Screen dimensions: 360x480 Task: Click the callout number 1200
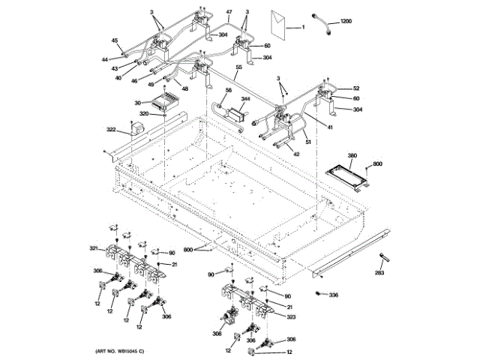(345, 22)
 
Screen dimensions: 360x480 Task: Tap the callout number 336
(333, 295)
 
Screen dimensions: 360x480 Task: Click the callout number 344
(245, 98)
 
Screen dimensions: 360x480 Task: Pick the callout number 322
(111, 130)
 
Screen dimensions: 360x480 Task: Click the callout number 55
(238, 67)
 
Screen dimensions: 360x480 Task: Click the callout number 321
(94, 247)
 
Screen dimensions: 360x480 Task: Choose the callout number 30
(138, 103)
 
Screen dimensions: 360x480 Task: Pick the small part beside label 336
(319, 293)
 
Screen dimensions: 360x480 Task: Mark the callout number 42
(296, 154)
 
